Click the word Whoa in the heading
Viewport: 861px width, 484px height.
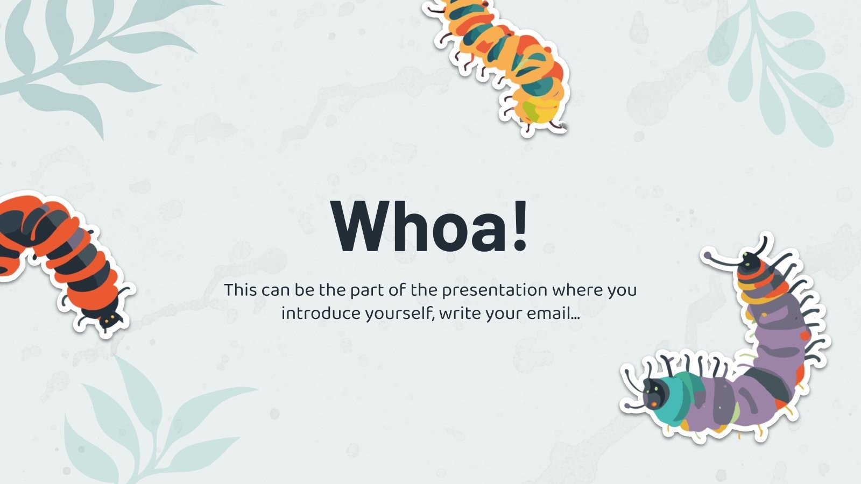click(420, 226)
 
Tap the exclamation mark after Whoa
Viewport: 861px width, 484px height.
click(519, 226)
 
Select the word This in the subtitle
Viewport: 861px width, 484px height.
click(240, 290)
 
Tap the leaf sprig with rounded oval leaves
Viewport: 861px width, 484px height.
click(780, 70)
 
